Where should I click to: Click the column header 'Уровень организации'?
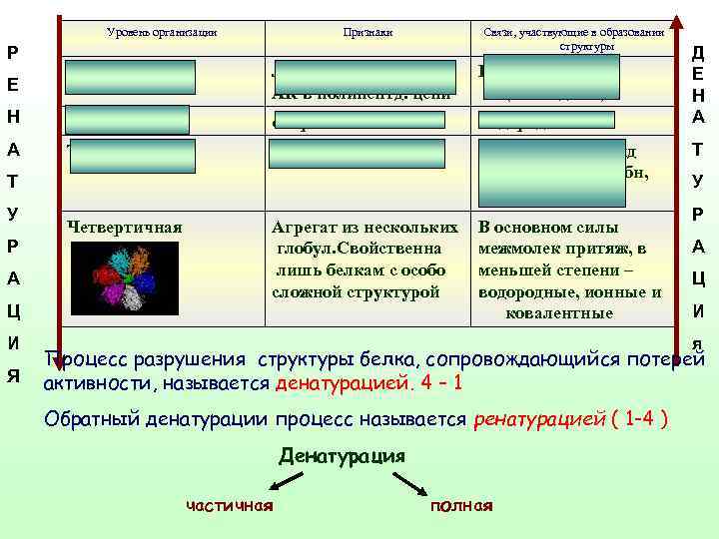(162, 33)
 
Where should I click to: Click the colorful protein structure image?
(124, 275)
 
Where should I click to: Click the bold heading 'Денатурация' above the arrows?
(343, 456)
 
